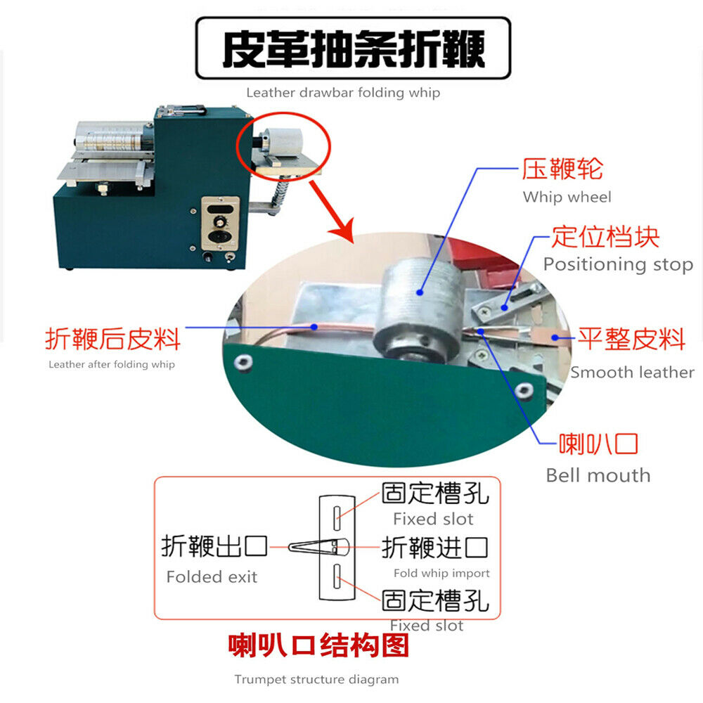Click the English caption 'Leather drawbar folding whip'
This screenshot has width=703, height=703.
tap(343, 93)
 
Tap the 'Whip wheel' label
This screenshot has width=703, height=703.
tap(567, 198)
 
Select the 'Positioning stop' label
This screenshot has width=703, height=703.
tap(618, 264)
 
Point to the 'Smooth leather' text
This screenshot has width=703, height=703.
tap(632, 372)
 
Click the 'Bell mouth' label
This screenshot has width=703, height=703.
tap(598, 475)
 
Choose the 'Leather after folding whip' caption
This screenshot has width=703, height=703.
tap(112, 364)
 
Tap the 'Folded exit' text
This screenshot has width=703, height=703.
tap(212, 576)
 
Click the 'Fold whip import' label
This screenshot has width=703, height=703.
tap(441, 574)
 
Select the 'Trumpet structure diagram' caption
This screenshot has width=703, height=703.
tap(316, 680)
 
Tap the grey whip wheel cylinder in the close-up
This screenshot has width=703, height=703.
tap(419, 309)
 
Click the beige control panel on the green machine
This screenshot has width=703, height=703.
tap(220, 224)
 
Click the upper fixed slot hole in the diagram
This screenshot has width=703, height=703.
tap(337, 518)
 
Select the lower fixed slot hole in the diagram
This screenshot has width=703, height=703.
tap(337, 576)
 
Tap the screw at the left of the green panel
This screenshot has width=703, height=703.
tap(243, 362)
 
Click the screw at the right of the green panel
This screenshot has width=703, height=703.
tap(524, 390)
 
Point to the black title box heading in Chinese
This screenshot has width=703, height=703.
tap(354, 49)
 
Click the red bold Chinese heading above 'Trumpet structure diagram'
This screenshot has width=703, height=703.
tap(318, 645)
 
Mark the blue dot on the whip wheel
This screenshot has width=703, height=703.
tap(420, 292)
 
